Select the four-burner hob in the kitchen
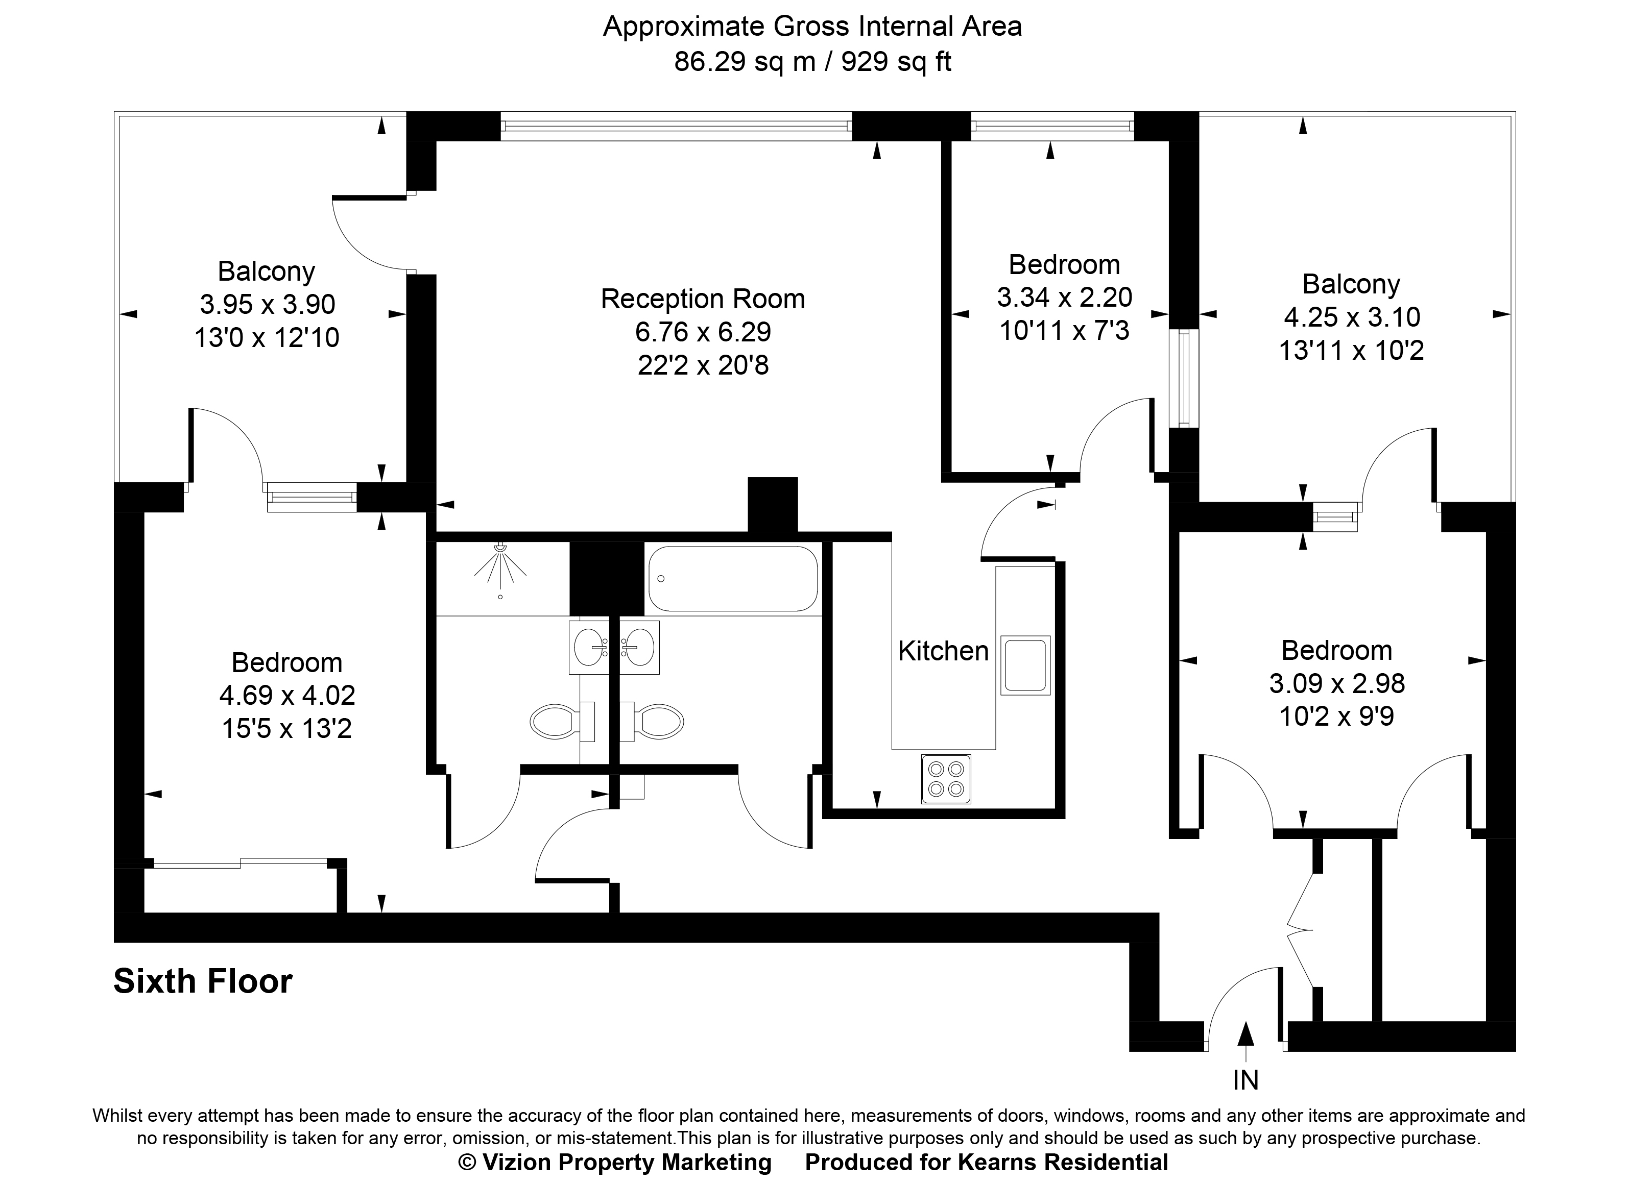click(945, 779)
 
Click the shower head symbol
click(500, 563)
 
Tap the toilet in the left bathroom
click(561, 722)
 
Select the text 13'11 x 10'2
click(1351, 351)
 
